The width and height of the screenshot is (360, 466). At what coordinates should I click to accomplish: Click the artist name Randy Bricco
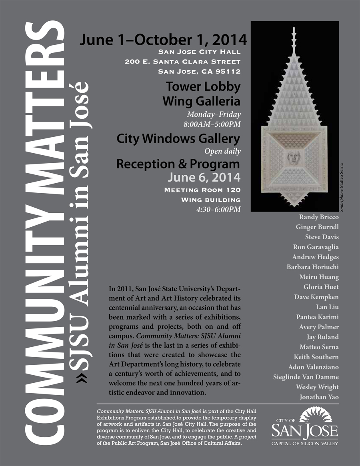point(319,217)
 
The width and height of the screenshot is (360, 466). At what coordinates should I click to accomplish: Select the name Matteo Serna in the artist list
point(319,347)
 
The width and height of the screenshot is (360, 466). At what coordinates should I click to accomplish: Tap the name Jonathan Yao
point(319,397)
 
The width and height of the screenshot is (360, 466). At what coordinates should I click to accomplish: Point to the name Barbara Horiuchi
point(312,267)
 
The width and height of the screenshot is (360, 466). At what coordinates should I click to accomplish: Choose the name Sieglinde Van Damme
point(306,377)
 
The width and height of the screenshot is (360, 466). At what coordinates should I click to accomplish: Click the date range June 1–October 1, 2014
point(163,40)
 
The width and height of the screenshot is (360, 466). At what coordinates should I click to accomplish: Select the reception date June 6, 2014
point(204,177)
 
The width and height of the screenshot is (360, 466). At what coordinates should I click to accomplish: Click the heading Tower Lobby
point(203,86)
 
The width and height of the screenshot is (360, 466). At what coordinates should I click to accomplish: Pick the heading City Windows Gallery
point(178,139)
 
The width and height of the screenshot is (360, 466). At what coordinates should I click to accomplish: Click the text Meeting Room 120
point(202,190)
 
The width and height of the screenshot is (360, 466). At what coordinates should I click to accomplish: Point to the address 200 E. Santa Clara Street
point(182,62)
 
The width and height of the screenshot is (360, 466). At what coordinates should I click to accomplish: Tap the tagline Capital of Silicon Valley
point(305,443)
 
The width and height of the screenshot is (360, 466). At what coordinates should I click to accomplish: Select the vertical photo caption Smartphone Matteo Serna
point(342,187)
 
